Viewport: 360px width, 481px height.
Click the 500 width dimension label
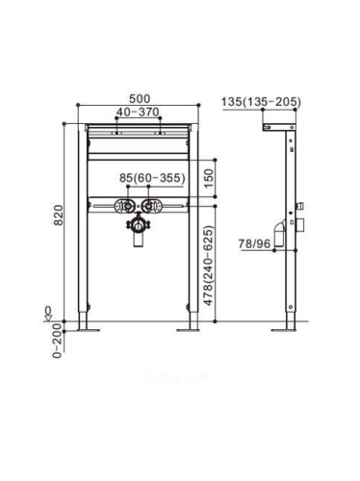pyautogui.click(x=140, y=99)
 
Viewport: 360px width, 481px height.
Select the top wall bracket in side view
pyautogui.click(x=276, y=126)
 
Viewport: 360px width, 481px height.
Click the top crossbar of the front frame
pyautogui.click(x=140, y=128)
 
